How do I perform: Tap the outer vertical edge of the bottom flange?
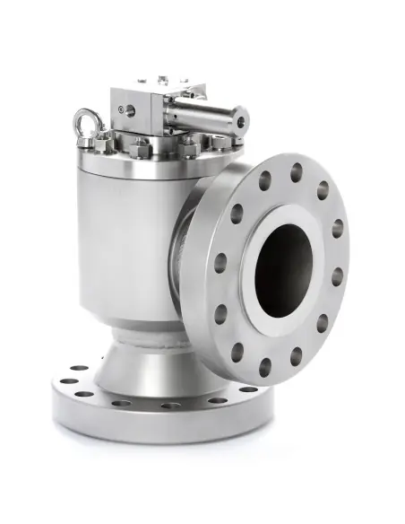coord(134,426)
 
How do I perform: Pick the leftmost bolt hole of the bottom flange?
coord(63,380)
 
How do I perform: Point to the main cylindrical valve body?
coord(125,242)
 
